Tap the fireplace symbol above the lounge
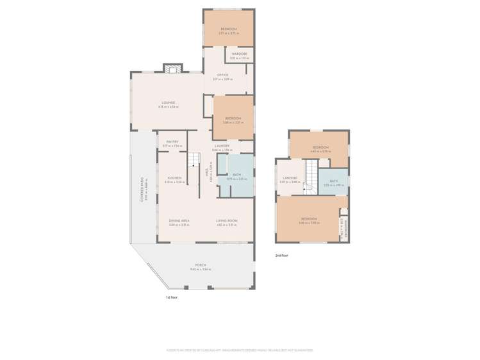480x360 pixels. (x=170, y=67)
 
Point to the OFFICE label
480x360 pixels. (x=222, y=75)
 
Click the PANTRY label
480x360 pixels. (x=171, y=142)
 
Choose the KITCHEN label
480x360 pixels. (x=174, y=178)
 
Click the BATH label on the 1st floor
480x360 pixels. (x=236, y=175)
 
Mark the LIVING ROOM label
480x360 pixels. (x=227, y=220)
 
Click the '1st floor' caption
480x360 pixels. (x=171, y=298)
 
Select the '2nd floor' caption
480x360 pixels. (x=281, y=255)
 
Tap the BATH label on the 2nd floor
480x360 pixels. (x=333, y=181)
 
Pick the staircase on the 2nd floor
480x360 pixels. (x=310, y=176)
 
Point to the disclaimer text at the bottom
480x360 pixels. (x=240, y=350)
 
